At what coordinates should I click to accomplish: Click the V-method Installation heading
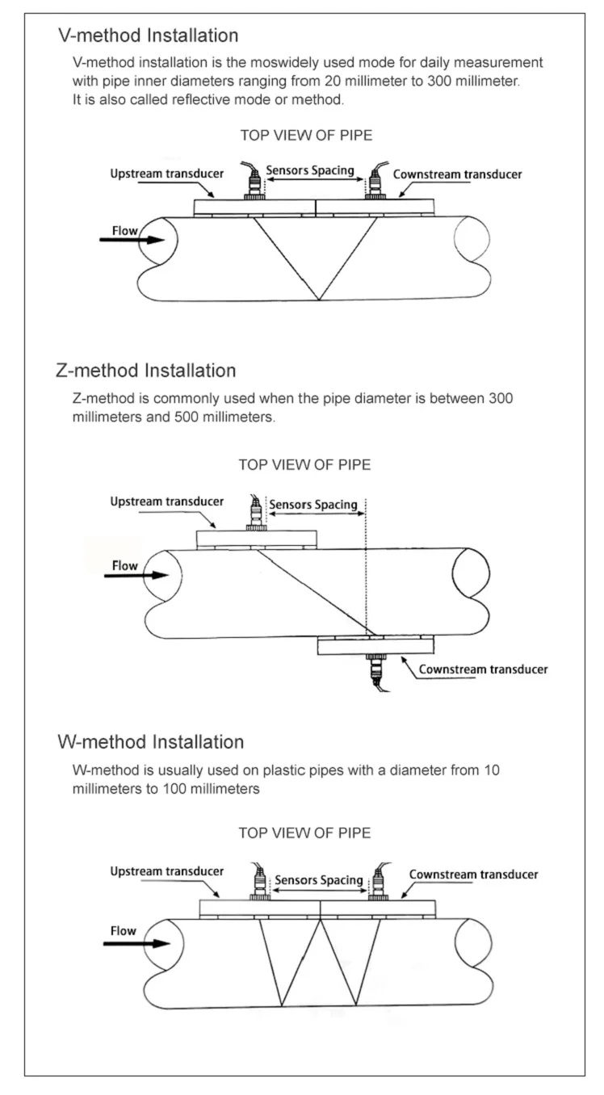coord(149,36)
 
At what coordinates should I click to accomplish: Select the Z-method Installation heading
coord(146,371)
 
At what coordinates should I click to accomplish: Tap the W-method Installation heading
coord(151,741)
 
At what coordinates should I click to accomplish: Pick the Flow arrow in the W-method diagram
coord(140,942)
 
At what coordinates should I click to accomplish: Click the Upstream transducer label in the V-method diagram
coord(167,174)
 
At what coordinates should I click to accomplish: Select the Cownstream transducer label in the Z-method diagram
coord(483,669)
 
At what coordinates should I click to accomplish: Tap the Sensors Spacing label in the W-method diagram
coord(319,879)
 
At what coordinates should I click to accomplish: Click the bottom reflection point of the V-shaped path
coord(320,300)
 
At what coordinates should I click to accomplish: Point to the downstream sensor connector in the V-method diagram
coord(376,185)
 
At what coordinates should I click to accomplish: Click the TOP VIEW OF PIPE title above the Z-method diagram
coord(305,465)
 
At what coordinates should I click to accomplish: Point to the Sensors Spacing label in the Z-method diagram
coord(313,505)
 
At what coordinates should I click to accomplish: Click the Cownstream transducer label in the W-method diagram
coord(473,875)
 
